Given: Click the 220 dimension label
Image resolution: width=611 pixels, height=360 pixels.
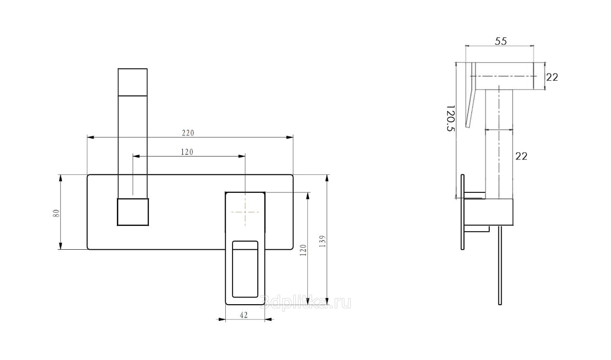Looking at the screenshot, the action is pyautogui.click(x=188, y=133).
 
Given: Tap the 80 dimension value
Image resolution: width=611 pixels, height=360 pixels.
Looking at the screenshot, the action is pyautogui.click(x=56, y=213).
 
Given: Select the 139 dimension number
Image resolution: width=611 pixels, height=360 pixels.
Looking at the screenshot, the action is pyautogui.click(x=322, y=241).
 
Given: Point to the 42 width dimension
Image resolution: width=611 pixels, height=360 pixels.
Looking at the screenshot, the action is pyautogui.click(x=243, y=315).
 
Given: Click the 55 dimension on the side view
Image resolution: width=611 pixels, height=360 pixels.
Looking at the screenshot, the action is pyautogui.click(x=501, y=41).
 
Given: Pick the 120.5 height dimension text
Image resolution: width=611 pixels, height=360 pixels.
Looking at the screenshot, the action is pyautogui.click(x=451, y=118).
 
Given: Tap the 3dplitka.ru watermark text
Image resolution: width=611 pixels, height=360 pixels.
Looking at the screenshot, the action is pyautogui.click(x=305, y=302).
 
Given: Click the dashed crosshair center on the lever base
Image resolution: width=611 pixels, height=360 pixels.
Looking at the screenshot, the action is pyautogui.click(x=245, y=212).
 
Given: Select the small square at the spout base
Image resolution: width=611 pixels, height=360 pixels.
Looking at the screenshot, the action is pyautogui.click(x=133, y=212).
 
